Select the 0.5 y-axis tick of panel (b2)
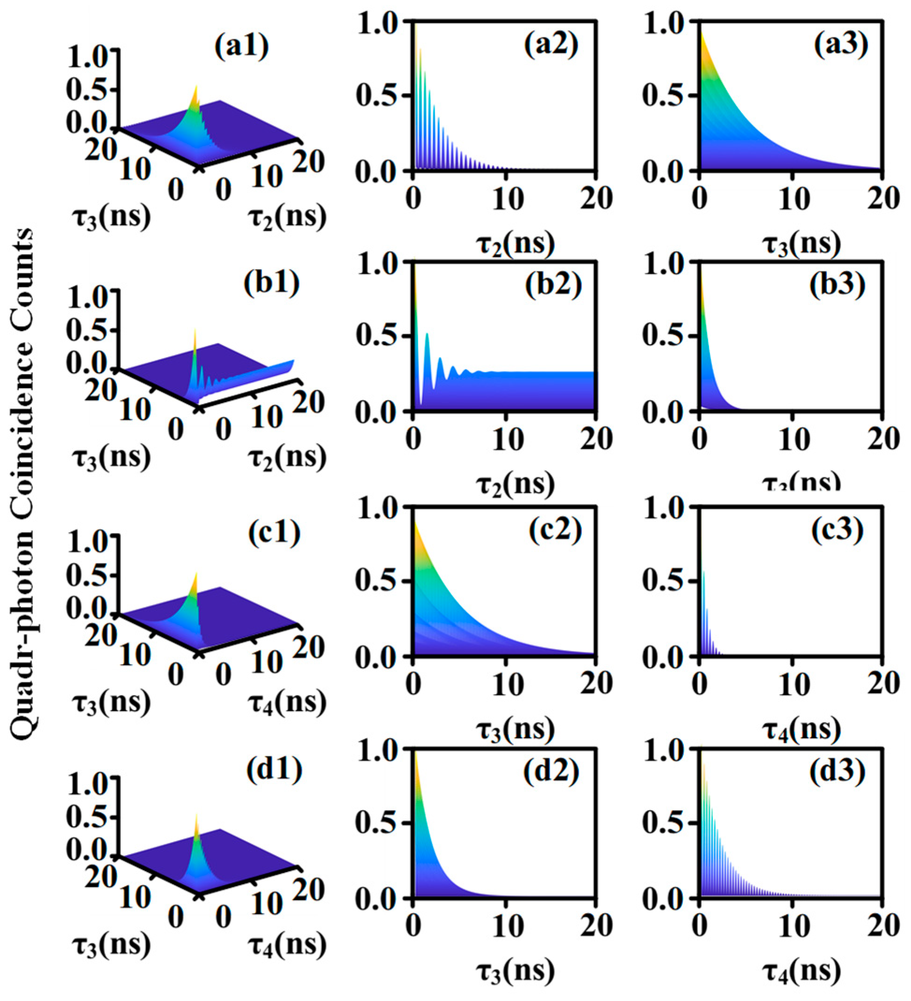tap(376, 336)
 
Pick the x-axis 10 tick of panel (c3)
tap(792, 684)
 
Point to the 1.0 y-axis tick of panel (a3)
tap(663, 22)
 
